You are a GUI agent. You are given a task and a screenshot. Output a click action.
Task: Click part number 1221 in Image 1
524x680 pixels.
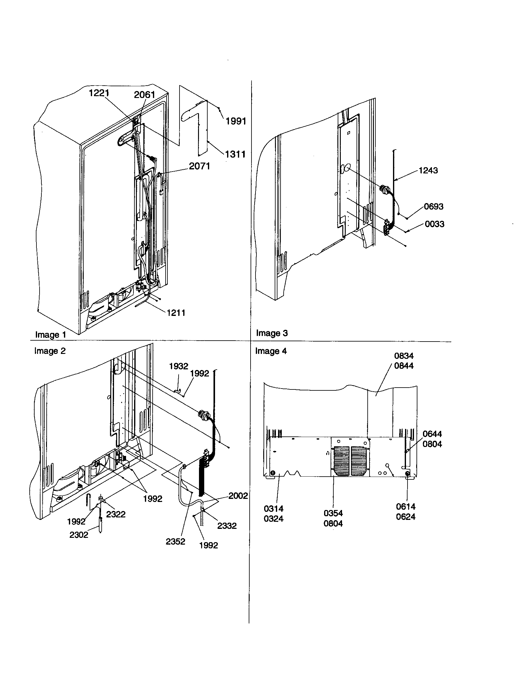click(x=99, y=93)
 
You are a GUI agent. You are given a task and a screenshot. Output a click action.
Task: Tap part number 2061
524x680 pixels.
click(x=144, y=95)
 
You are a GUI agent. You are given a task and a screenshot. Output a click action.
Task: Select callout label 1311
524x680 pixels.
click(x=235, y=154)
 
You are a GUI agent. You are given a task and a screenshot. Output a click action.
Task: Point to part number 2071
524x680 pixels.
click(x=200, y=166)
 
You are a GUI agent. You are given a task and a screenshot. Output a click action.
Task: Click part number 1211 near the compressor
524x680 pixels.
click(x=176, y=313)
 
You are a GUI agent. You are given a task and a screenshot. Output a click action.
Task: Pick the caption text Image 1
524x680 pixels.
click(x=50, y=335)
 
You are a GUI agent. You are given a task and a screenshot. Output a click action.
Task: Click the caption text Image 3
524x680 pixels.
click(x=272, y=333)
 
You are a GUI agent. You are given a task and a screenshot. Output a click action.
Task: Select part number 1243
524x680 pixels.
click(x=428, y=170)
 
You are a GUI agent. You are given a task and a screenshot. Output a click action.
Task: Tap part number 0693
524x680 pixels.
click(x=434, y=206)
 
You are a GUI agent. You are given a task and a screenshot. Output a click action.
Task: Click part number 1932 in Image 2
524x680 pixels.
click(x=179, y=366)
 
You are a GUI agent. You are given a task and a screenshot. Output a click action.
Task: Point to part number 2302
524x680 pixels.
click(x=79, y=535)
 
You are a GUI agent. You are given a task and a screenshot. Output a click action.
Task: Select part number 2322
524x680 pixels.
click(x=116, y=514)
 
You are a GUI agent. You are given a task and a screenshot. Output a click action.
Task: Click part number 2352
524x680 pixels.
click(x=175, y=542)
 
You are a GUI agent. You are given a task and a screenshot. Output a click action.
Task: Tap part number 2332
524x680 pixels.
click(x=227, y=526)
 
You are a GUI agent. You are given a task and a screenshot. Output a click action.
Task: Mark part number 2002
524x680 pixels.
click(x=238, y=496)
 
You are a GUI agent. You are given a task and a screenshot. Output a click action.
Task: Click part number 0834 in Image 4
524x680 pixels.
click(x=404, y=356)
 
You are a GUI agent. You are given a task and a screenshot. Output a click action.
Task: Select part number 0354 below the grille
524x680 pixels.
click(x=333, y=513)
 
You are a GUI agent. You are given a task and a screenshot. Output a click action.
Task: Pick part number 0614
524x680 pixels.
click(x=406, y=507)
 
